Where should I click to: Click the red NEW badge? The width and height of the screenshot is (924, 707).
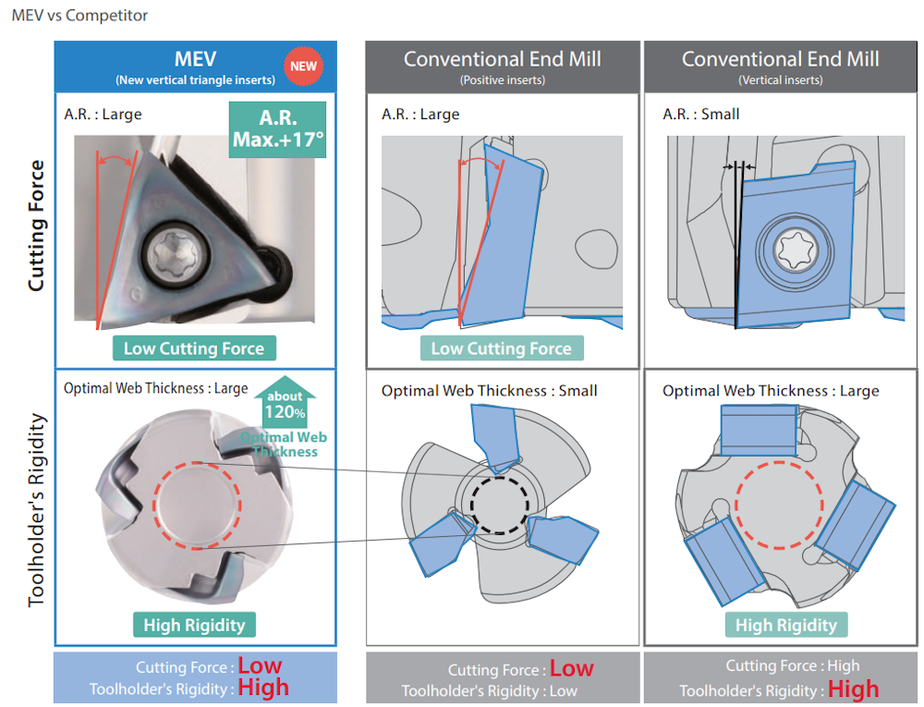[x=303, y=66]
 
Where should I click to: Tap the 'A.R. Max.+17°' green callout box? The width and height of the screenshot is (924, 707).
[x=278, y=129]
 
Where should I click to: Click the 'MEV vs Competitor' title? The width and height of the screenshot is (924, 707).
[x=79, y=16]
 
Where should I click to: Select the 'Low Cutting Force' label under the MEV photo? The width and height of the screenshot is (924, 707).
[x=194, y=348]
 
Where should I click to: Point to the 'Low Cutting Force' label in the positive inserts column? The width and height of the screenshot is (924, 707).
[x=501, y=348]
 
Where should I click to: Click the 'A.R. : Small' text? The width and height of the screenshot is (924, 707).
[x=701, y=115]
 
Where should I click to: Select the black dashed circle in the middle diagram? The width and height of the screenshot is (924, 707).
[x=500, y=505]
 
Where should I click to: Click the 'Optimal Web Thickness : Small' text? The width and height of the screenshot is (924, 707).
[x=490, y=391]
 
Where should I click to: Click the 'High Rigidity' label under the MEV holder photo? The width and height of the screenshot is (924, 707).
[x=194, y=626]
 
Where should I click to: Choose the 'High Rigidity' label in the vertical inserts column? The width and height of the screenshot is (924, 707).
[x=786, y=626]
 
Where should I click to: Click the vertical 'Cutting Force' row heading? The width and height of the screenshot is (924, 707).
[x=36, y=226]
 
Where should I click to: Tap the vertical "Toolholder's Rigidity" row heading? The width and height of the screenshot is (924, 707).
[x=36, y=509]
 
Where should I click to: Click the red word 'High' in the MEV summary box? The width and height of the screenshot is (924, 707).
[x=263, y=688]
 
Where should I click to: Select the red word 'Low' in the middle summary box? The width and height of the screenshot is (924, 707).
[x=572, y=669]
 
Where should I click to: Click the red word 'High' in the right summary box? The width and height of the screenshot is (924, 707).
[x=853, y=689]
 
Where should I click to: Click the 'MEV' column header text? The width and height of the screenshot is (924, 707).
[x=195, y=59]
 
